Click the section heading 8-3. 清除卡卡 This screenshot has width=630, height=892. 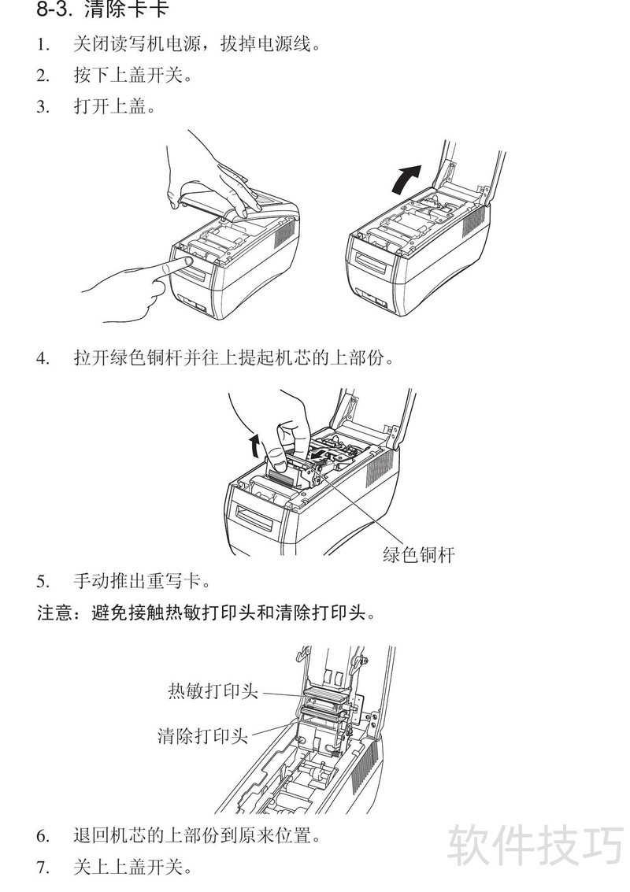point(102,9)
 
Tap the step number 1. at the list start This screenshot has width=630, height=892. point(43,44)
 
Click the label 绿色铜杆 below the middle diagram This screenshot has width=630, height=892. point(418,554)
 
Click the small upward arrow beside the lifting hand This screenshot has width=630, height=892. point(256,446)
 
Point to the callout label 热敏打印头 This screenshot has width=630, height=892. point(213,690)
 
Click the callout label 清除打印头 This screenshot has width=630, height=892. point(202,735)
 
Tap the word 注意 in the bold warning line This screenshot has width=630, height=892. point(54,613)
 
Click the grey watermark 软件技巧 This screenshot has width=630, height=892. point(535,846)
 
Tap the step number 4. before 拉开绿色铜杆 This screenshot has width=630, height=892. point(43,358)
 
